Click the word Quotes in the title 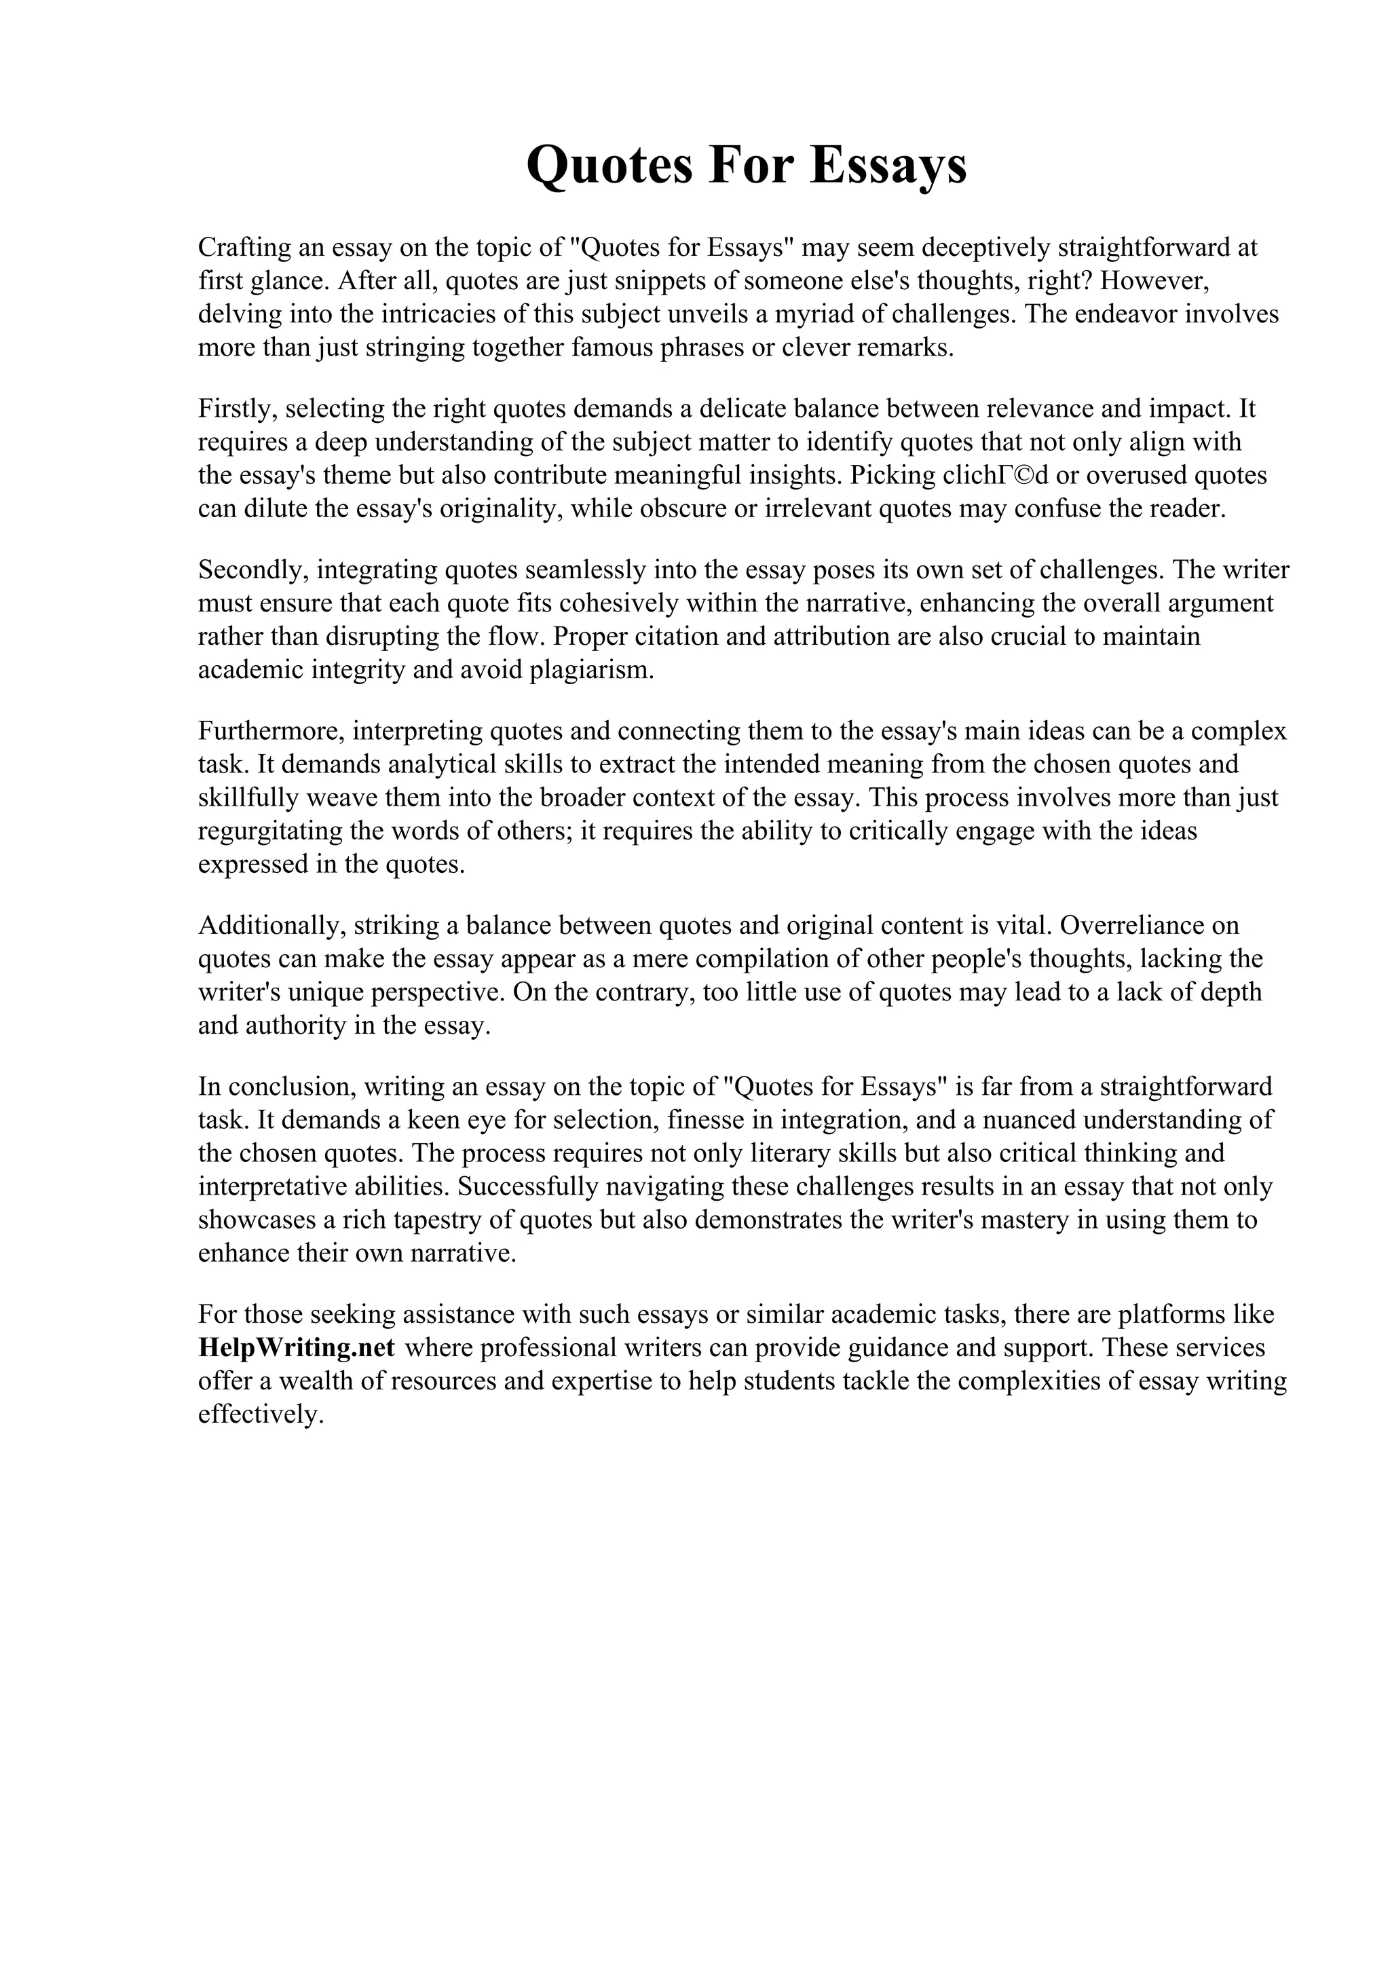coord(609,166)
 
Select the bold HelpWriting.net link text coord(297,1347)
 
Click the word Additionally coord(271,925)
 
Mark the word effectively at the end coord(261,1415)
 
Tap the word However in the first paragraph coord(1162,281)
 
